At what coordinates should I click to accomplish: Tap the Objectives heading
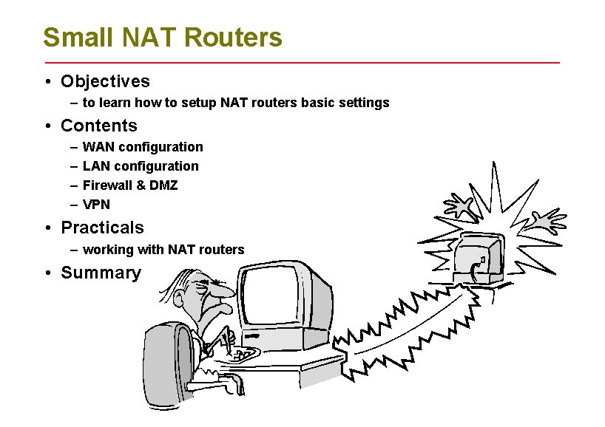105,81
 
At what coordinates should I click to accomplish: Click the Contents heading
99,126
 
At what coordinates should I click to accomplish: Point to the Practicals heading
102,228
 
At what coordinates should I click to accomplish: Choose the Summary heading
101,273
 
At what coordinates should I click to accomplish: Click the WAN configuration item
143,147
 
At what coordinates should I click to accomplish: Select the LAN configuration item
141,166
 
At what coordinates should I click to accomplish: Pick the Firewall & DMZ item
130,185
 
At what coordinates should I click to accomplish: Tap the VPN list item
96,205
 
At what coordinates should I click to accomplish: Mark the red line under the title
302,63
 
